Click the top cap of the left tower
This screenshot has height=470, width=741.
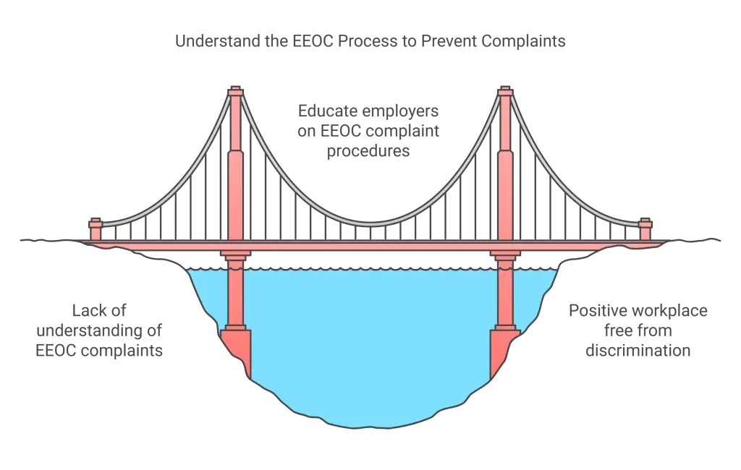click(x=235, y=93)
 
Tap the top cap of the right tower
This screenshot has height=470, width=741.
click(x=505, y=93)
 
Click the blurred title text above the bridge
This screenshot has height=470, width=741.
click(x=370, y=42)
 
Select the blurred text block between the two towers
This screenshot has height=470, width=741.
click(x=369, y=132)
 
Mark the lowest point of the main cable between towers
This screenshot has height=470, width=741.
click(x=370, y=221)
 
